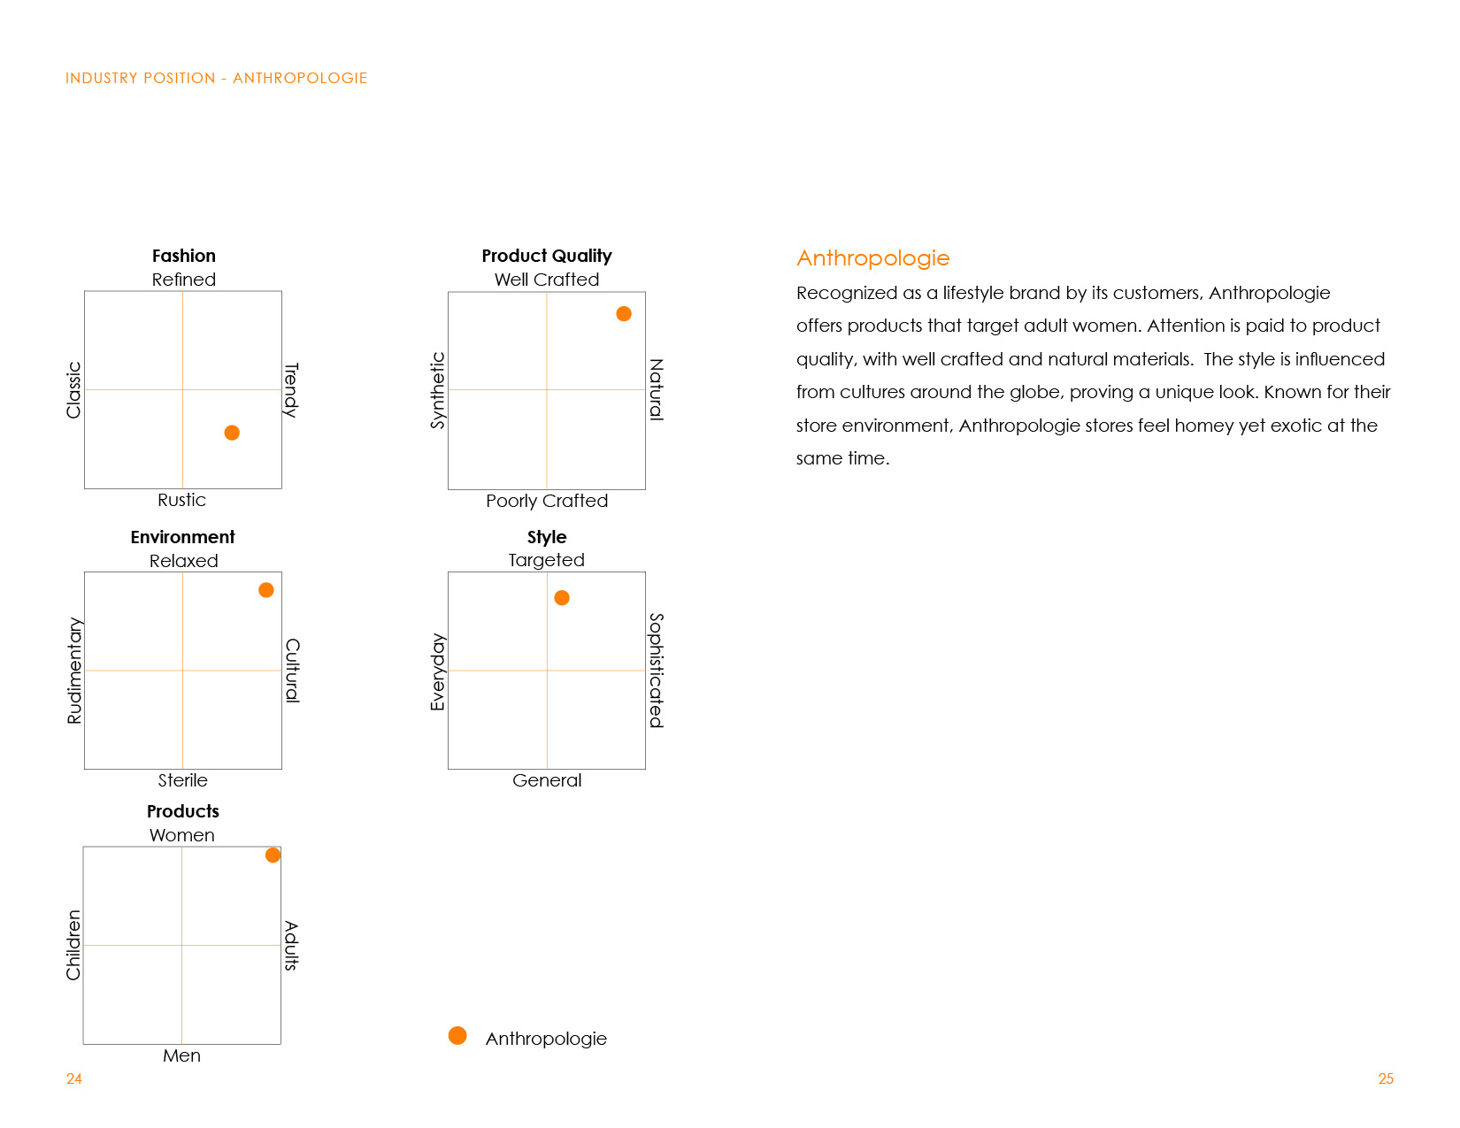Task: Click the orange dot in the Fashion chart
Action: point(232,433)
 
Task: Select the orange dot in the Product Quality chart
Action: point(624,314)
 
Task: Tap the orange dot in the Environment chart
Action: point(266,590)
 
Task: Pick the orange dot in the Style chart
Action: point(562,598)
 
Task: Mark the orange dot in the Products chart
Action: point(273,856)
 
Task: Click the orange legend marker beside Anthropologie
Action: point(457,1036)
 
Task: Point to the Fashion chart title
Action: point(184,256)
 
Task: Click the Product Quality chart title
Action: point(547,256)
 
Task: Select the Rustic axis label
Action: point(181,500)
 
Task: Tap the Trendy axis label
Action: point(291,389)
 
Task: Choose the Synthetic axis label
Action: point(437,390)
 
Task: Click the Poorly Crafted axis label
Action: point(547,501)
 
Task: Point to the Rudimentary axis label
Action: point(74,671)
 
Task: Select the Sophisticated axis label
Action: point(656,670)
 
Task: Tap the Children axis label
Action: point(73,945)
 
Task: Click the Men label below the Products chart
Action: point(181,1055)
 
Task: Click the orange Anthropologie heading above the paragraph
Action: point(872,258)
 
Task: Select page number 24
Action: point(74,1078)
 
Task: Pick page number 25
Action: point(1386,1078)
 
